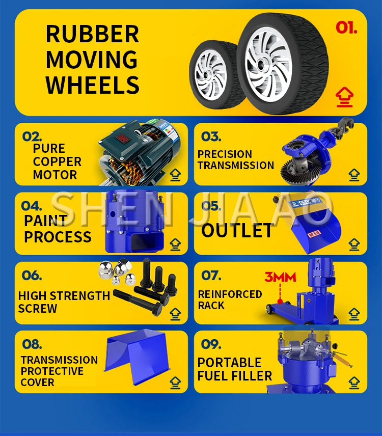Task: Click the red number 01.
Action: point(346,28)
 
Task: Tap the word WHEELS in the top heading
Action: point(93,85)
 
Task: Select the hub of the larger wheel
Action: point(260,65)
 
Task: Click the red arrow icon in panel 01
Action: point(344,97)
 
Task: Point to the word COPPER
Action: point(57,161)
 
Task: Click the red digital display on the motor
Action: point(122,139)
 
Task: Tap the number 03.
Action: point(211,137)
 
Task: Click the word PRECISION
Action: point(225,154)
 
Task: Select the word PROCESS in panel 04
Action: point(58,237)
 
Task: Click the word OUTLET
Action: point(237,231)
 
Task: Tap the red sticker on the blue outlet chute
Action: point(314,234)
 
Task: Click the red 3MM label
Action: point(280,277)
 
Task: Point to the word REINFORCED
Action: point(230,294)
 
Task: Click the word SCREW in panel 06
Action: point(38,309)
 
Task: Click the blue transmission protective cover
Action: point(138,357)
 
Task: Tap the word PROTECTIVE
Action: point(52,371)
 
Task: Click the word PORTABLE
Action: point(229,363)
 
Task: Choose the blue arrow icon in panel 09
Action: point(354,383)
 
